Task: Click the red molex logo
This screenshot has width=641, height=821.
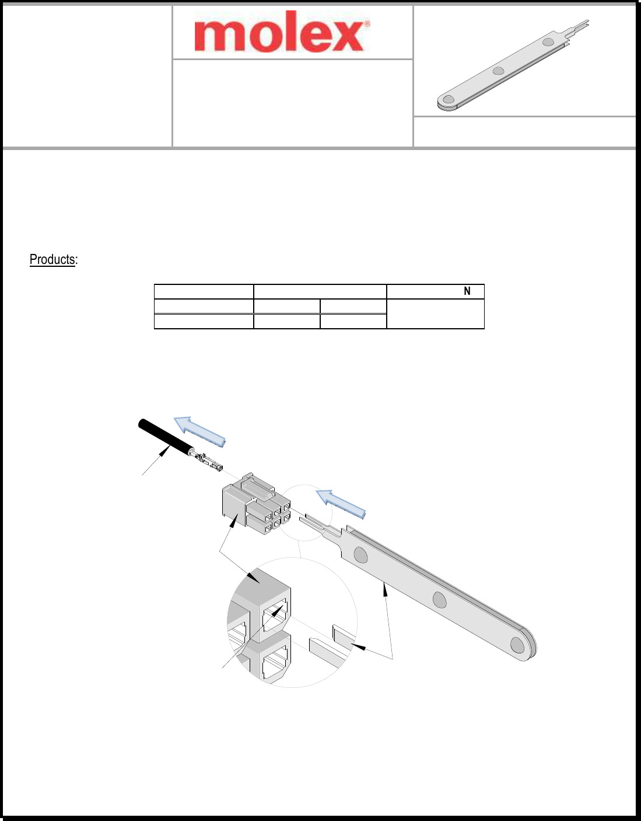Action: point(279,34)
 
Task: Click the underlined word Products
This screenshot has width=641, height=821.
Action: point(52,259)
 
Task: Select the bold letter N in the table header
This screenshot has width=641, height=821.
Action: point(467,291)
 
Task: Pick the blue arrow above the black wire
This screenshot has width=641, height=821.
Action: point(200,431)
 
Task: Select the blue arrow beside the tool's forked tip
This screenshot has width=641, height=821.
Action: point(341,504)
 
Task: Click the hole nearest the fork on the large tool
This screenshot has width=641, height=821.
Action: point(361,555)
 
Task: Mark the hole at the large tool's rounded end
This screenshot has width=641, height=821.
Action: point(517,645)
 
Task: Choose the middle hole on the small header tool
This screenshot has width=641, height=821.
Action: point(498,71)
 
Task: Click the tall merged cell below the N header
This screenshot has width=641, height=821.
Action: point(435,314)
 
